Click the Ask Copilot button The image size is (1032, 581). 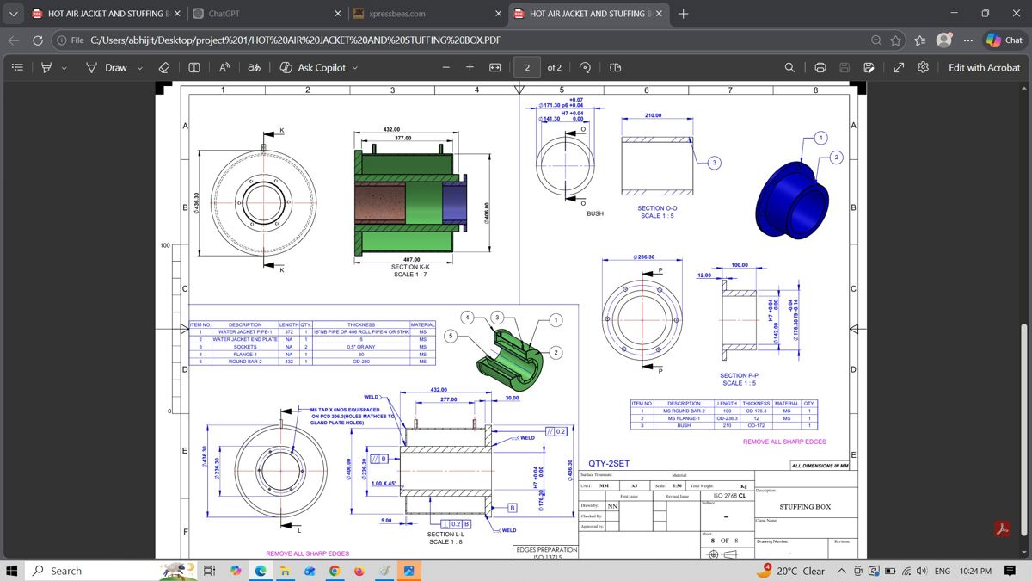tap(318, 67)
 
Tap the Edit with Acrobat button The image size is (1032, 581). tap(984, 67)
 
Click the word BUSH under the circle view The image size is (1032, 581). tap(595, 213)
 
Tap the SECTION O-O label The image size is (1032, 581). tap(657, 208)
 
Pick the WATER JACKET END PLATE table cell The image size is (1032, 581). tap(245, 339)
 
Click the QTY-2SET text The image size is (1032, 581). tap(609, 463)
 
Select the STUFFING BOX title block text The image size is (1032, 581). tap(804, 507)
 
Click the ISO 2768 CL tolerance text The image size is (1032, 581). tap(728, 496)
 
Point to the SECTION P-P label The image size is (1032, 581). tap(739, 375)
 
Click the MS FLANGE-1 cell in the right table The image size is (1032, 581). tap(684, 418)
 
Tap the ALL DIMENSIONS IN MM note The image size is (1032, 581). tap(819, 466)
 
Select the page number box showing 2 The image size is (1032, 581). tap(526, 67)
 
